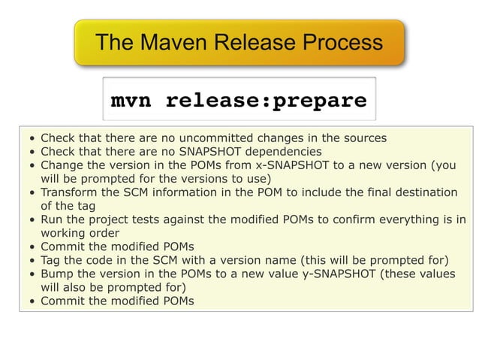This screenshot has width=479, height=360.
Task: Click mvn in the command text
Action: [131, 100]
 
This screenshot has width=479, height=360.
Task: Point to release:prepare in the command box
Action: [266, 100]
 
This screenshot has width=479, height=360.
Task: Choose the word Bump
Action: [56, 274]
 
